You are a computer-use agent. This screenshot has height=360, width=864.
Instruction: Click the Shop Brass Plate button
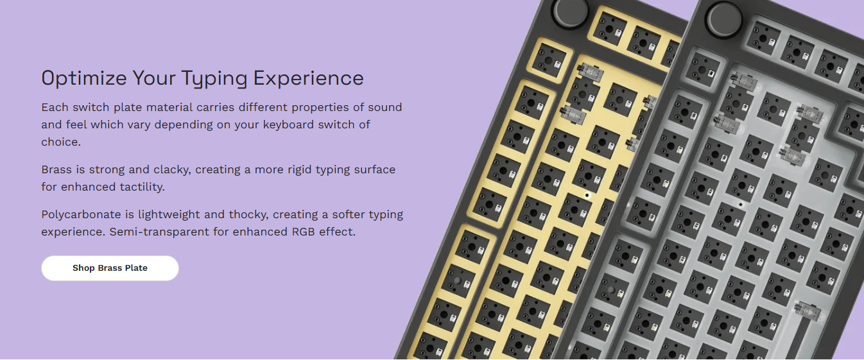pos(110,268)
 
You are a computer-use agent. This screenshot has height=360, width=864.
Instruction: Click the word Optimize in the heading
pos(83,79)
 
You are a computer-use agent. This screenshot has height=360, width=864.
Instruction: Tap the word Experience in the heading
pos(308,79)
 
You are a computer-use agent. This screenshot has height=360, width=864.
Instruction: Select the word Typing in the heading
pos(214,79)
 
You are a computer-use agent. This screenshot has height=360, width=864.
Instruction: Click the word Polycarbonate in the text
pos(81,215)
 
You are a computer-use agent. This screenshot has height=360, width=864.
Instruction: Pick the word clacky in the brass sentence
pos(172,170)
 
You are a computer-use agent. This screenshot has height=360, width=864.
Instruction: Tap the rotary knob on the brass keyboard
pos(571,12)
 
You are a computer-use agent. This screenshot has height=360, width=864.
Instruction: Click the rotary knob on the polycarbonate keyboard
pos(723,19)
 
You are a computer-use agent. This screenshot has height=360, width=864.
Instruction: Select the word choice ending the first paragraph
pos(61,142)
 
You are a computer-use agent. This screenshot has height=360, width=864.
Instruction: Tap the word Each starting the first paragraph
pos(55,107)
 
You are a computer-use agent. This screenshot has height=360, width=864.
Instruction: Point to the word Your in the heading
pos(154,79)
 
